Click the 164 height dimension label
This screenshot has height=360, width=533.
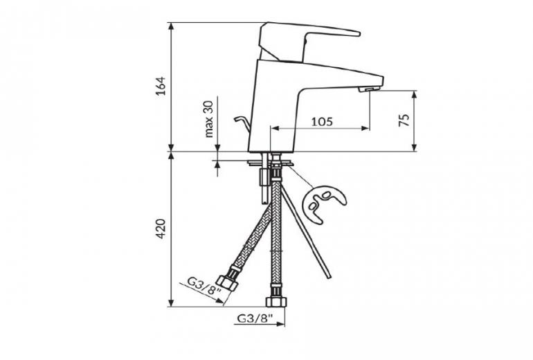pos(161,86)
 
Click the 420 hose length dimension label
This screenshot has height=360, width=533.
pos(161,228)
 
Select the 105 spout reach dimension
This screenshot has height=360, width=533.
pos(322,121)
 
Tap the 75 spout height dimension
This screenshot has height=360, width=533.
pos(404,120)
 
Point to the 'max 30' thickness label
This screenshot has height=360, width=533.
pos(209,119)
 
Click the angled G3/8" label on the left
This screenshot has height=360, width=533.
pos(204,286)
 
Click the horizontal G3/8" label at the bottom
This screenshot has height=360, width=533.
pos(255,318)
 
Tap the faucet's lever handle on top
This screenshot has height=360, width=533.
pos(307,42)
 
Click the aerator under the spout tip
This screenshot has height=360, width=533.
pos(369,89)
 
